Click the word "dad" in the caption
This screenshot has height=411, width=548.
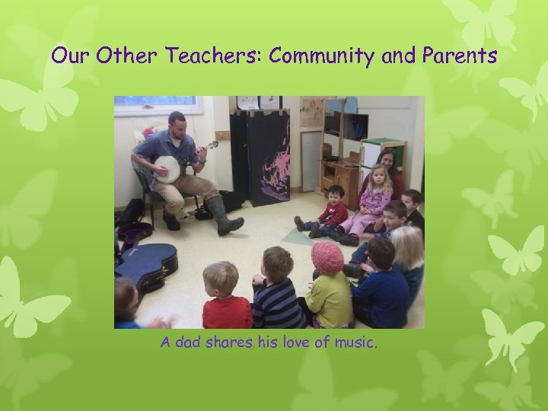[x=190, y=343]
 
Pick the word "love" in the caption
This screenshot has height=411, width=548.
[x=284, y=343]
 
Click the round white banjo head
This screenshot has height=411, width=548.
[x=167, y=168]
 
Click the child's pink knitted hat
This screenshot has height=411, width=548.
[x=327, y=256]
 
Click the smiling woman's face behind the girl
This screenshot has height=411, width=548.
[x=387, y=161]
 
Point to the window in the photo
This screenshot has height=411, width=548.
[x=158, y=104]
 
